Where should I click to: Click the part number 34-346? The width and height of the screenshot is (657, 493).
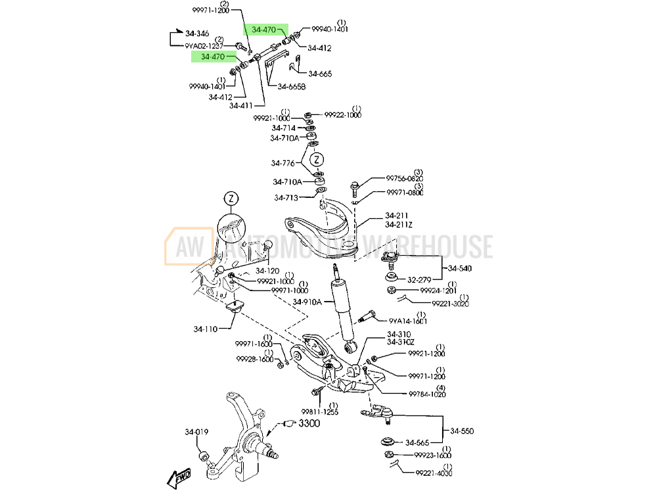196,33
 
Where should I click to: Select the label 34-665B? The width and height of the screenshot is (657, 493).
291,86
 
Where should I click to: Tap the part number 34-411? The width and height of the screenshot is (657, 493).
242,105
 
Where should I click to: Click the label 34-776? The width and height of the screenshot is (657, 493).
283,163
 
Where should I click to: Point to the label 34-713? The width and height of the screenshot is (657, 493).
286,197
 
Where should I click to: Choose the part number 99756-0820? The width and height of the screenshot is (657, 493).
404,178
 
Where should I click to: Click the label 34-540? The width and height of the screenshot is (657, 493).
460,268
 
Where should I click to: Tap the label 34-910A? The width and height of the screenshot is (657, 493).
307,302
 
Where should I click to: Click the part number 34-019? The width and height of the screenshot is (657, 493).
196,432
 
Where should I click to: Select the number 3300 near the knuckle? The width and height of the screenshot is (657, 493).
309,423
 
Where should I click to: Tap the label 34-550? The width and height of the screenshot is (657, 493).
462,431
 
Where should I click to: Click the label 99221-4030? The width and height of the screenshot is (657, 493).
434,473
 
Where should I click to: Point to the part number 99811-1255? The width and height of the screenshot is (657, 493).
319,412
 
